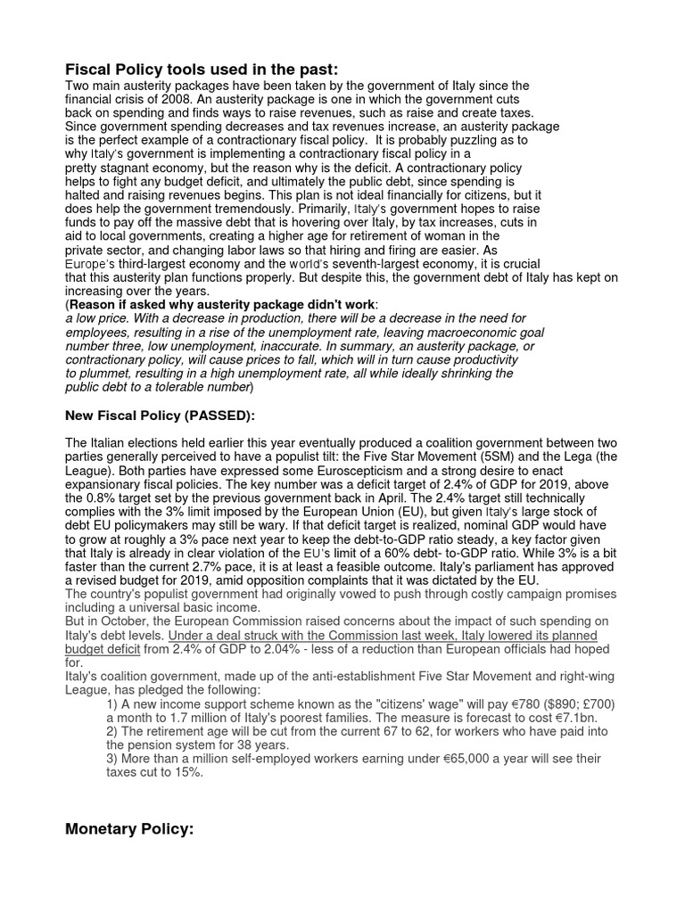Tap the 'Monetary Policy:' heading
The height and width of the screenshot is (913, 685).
point(129,829)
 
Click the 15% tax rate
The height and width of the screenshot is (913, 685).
point(186,772)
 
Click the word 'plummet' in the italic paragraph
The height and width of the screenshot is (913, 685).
point(101,374)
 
